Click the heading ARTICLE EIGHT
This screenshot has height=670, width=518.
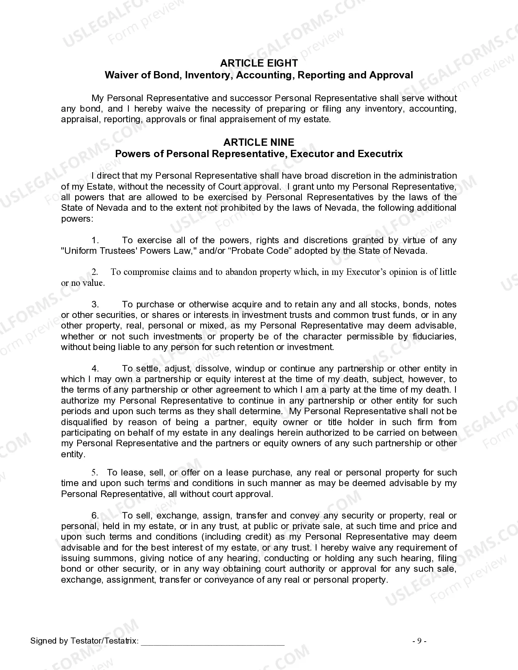coord(259,63)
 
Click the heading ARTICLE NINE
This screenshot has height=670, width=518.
coord(259,142)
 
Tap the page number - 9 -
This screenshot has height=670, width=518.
coord(419,641)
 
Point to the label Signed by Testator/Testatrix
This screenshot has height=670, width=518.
coord(85,641)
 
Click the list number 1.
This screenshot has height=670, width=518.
coord(95,240)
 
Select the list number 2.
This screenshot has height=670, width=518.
coord(95,272)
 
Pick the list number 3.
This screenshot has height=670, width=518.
coord(95,305)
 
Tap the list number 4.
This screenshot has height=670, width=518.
coord(95,369)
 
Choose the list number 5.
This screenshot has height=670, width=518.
coord(95,473)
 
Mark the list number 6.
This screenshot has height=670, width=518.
coord(95,516)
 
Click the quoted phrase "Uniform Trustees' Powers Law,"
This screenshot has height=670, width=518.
coord(129,251)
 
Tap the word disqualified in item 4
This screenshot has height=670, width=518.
coord(84,422)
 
